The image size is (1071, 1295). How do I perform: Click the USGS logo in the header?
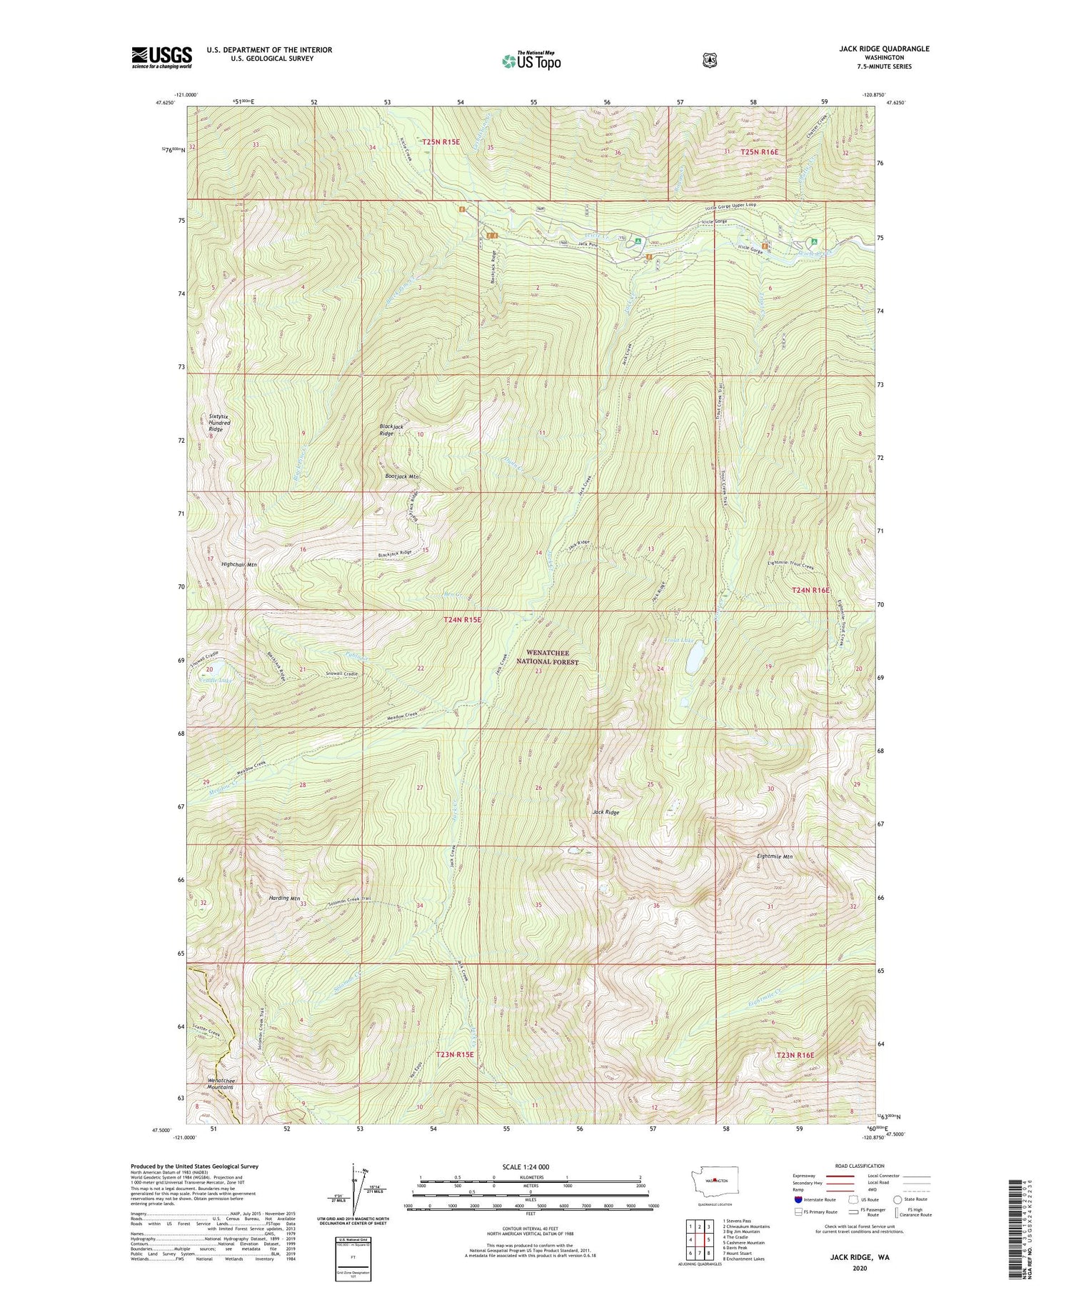pos(161,57)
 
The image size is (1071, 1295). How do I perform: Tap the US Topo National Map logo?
pos(531,61)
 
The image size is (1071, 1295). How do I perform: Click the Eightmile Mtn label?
pos(774,856)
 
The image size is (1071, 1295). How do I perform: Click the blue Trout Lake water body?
pos(693,661)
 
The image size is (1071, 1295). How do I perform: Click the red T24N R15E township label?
pos(463,620)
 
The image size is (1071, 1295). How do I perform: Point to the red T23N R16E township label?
pos(795,1055)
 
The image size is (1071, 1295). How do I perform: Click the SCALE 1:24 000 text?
pos(526,1166)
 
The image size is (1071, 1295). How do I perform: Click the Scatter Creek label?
pos(208,1031)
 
